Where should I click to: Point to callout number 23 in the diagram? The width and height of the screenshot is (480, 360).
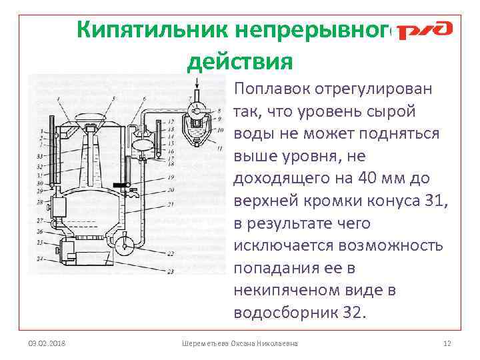[171, 271]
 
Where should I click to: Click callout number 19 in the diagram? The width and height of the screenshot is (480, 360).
[171, 177]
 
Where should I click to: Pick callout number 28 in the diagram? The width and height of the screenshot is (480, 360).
[40, 201]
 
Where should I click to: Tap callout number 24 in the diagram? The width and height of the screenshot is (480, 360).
[40, 257]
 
